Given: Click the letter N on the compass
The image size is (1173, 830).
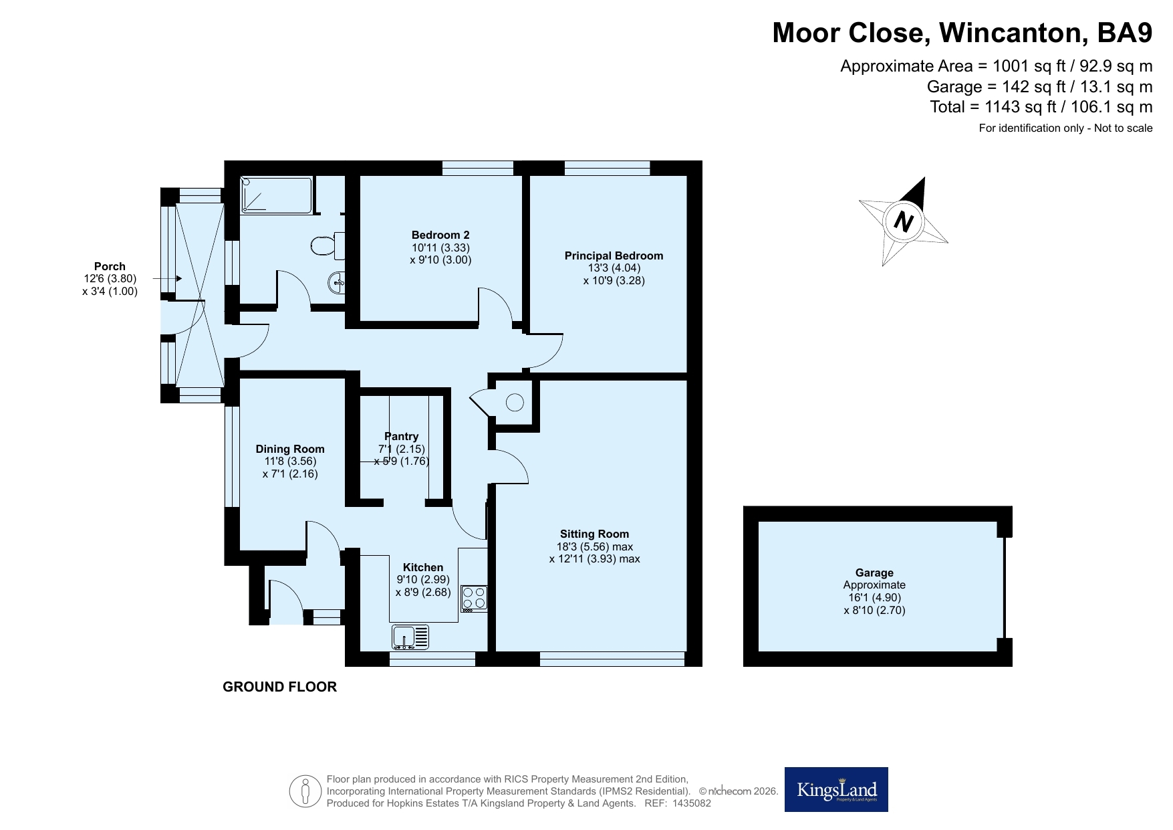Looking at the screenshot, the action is coord(904,221).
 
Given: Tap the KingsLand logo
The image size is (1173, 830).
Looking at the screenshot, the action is coord(836,789).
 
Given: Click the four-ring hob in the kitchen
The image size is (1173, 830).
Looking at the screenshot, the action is coord(474,599).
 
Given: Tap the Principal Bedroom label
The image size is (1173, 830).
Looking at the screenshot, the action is coord(614,255).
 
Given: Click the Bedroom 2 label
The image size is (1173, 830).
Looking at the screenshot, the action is coord(440,235).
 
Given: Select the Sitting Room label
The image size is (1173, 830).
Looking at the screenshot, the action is coord(594,534).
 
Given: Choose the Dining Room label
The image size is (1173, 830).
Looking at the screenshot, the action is coord(290,449).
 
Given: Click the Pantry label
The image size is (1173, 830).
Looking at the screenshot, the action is coord(401,436).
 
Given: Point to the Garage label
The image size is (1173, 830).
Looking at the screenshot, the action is coord(874,573).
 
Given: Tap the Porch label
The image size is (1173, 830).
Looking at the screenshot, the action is coord(110,266).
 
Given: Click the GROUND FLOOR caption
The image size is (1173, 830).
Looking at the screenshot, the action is coord(279,687).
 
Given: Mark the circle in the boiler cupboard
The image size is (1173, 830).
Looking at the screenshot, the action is coord(515,402).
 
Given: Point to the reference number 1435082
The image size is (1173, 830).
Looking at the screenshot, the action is coord(692,803).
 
